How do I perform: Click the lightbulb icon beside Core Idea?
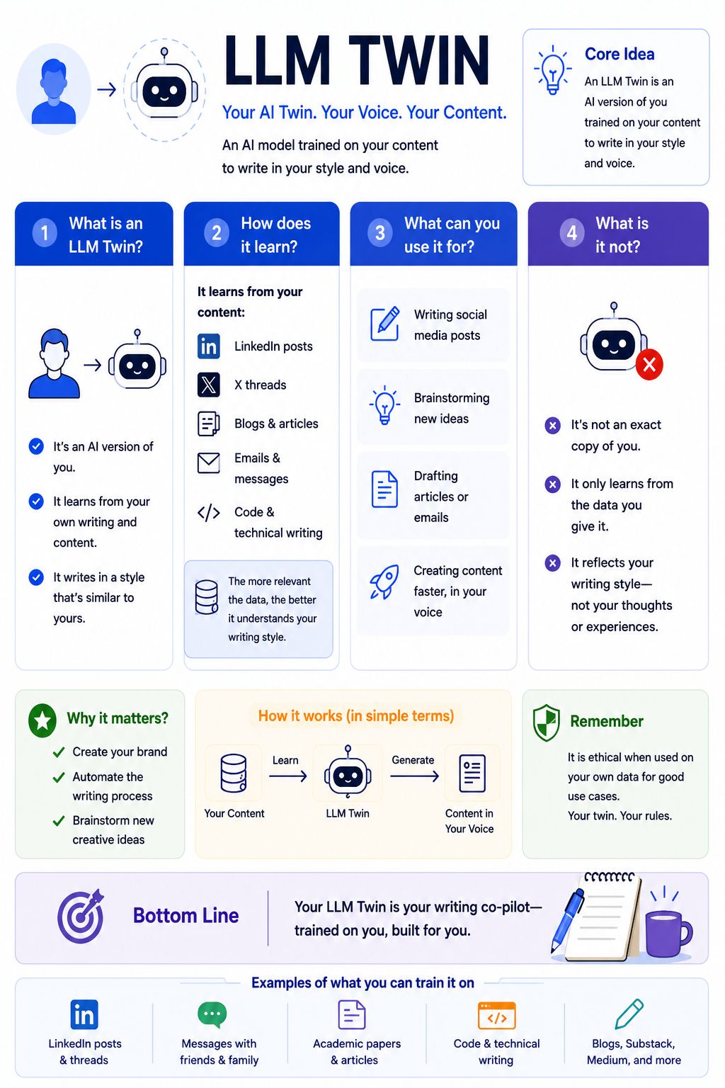click(x=553, y=69)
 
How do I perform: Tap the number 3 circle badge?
click(x=379, y=232)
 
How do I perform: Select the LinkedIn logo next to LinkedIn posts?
click(x=208, y=346)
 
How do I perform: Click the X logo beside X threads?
click(x=208, y=385)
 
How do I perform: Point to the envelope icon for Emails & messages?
click(x=208, y=463)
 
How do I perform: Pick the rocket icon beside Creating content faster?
click(x=384, y=582)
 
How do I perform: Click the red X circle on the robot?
click(x=649, y=364)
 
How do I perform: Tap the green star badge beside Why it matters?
click(x=42, y=720)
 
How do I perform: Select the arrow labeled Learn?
click(x=288, y=776)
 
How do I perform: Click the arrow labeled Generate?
click(x=414, y=776)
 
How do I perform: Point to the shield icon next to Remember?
click(x=547, y=722)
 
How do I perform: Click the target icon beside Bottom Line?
click(x=81, y=916)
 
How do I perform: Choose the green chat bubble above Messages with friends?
click(x=212, y=1014)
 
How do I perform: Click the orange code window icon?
click(x=496, y=1015)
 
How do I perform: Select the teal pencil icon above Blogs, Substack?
click(x=629, y=1014)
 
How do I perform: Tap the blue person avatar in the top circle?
click(x=53, y=91)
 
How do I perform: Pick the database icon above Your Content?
click(x=234, y=773)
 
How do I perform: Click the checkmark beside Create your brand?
click(x=59, y=752)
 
